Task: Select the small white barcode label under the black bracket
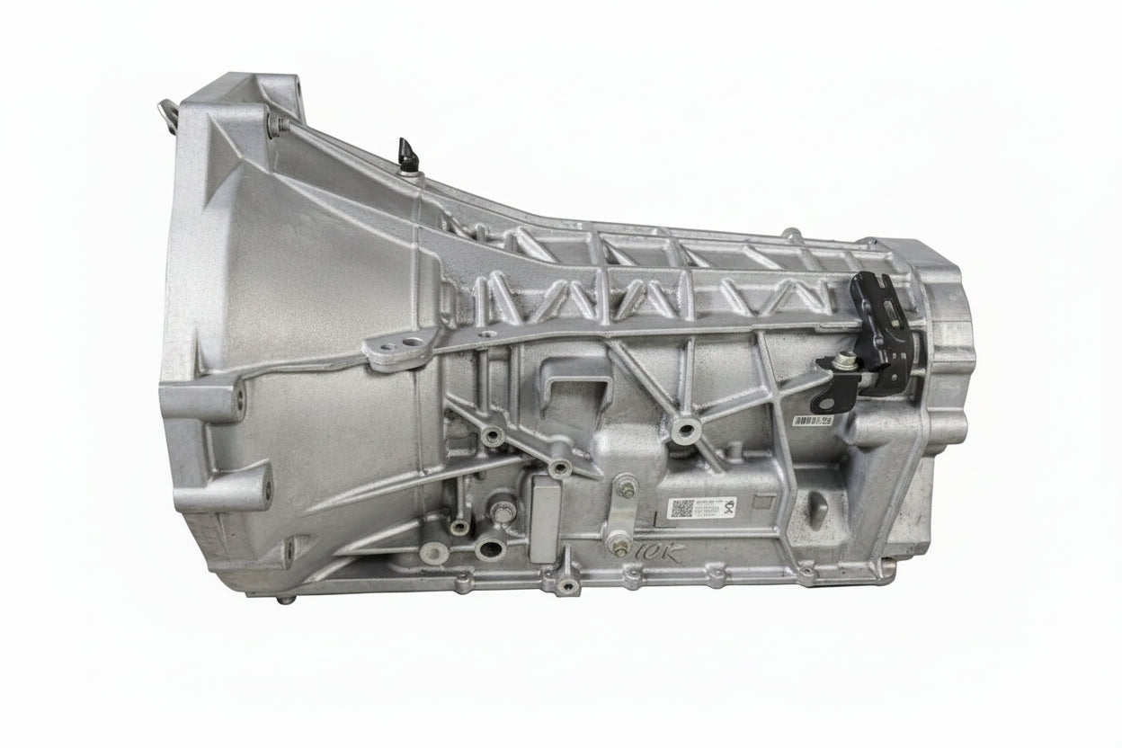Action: [814, 420]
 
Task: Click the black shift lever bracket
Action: [877, 337]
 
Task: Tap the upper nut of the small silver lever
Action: [627, 488]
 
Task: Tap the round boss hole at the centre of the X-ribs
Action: [685, 430]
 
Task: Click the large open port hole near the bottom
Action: [489, 548]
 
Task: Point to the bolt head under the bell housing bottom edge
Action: [285, 598]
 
